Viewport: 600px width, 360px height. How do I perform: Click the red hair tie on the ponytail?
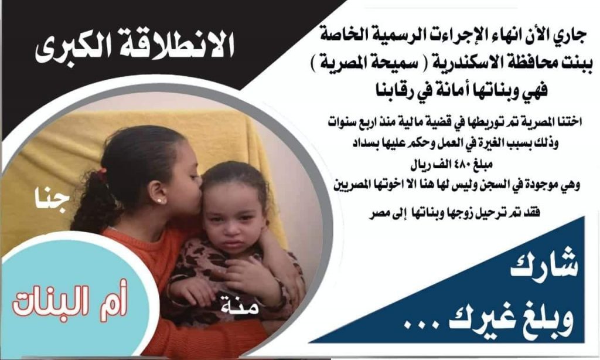coord(103,174)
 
